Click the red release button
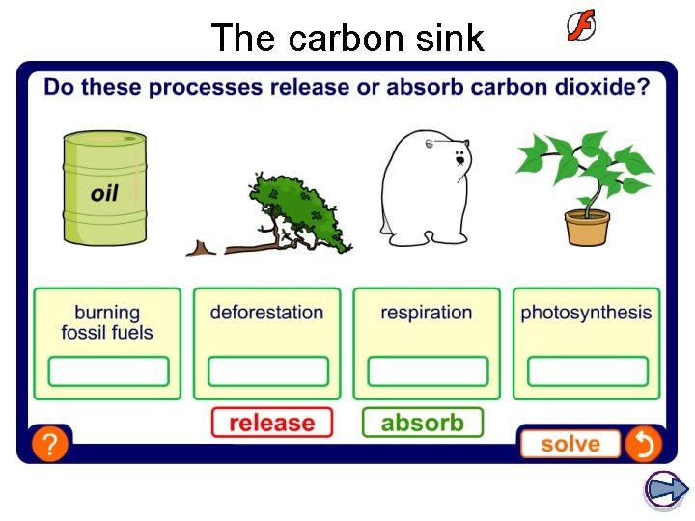[x=271, y=423]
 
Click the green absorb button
[x=422, y=423]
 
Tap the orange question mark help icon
[x=48, y=444]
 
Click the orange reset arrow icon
[x=643, y=444]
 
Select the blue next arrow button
[x=665, y=489]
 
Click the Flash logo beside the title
[x=580, y=26]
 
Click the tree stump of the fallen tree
[x=201, y=249]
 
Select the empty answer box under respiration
[x=428, y=371]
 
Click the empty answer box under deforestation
[x=267, y=371]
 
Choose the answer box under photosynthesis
[x=587, y=371]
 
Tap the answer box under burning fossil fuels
[x=108, y=371]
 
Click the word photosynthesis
[x=586, y=313]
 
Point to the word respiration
[x=427, y=313]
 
